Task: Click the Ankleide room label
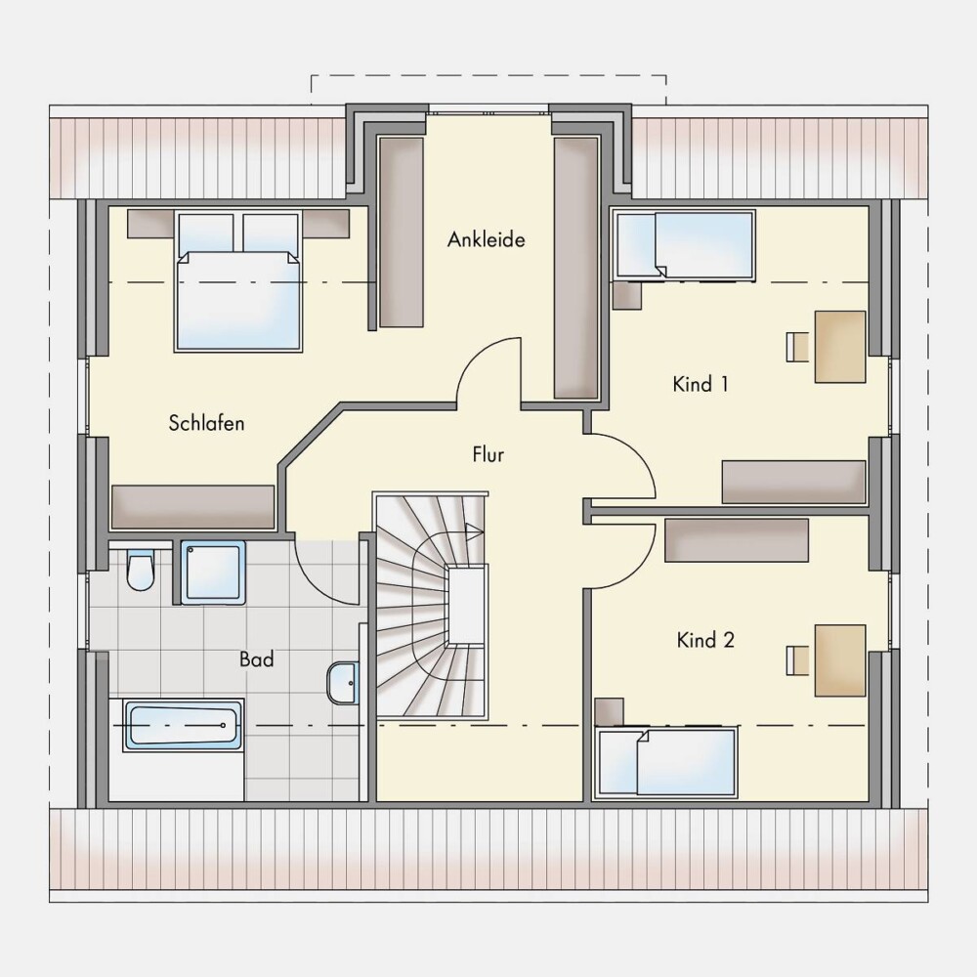coord(486,239)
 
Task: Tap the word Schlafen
coord(206,423)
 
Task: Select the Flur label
coord(488,454)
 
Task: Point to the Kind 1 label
coord(701,384)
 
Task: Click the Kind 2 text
coord(705,640)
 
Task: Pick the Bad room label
coord(257,659)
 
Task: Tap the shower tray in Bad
coord(213,573)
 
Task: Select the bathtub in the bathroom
coord(184,725)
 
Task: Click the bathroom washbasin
coord(343,682)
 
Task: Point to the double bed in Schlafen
coord(238,282)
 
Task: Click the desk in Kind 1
coord(840,347)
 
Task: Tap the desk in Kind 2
coord(840,659)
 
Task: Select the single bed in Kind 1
coord(684,244)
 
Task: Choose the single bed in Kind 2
coord(666,763)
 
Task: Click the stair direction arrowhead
coord(474,531)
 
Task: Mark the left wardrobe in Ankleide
coord(402,233)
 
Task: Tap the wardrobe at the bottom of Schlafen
coord(193,507)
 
